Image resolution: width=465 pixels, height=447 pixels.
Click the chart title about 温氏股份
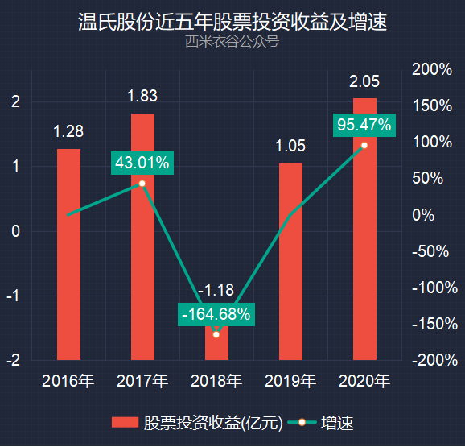tap(232, 22)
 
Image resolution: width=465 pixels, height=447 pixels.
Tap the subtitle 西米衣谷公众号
tap(232, 42)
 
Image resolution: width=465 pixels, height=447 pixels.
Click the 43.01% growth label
tap(142, 163)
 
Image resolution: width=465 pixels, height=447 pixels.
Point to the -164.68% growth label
tap(216, 314)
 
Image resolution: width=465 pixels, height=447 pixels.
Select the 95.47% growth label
tap(364, 125)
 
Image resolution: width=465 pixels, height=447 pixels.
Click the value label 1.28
tap(68, 131)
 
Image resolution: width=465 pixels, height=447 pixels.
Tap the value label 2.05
tap(364, 81)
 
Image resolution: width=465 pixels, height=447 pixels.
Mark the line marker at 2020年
tap(364, 145)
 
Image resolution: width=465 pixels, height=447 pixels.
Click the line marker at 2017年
tap(142, 184)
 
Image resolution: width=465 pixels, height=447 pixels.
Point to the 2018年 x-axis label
tap(216, 380)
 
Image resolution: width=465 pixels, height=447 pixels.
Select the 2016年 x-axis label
tap(68, 380)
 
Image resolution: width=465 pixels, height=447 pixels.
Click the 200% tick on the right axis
tap(432, 69)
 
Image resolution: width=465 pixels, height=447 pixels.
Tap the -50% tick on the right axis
tap(430, 251)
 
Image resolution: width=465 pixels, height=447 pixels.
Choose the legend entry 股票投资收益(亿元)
tap(195, 423)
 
